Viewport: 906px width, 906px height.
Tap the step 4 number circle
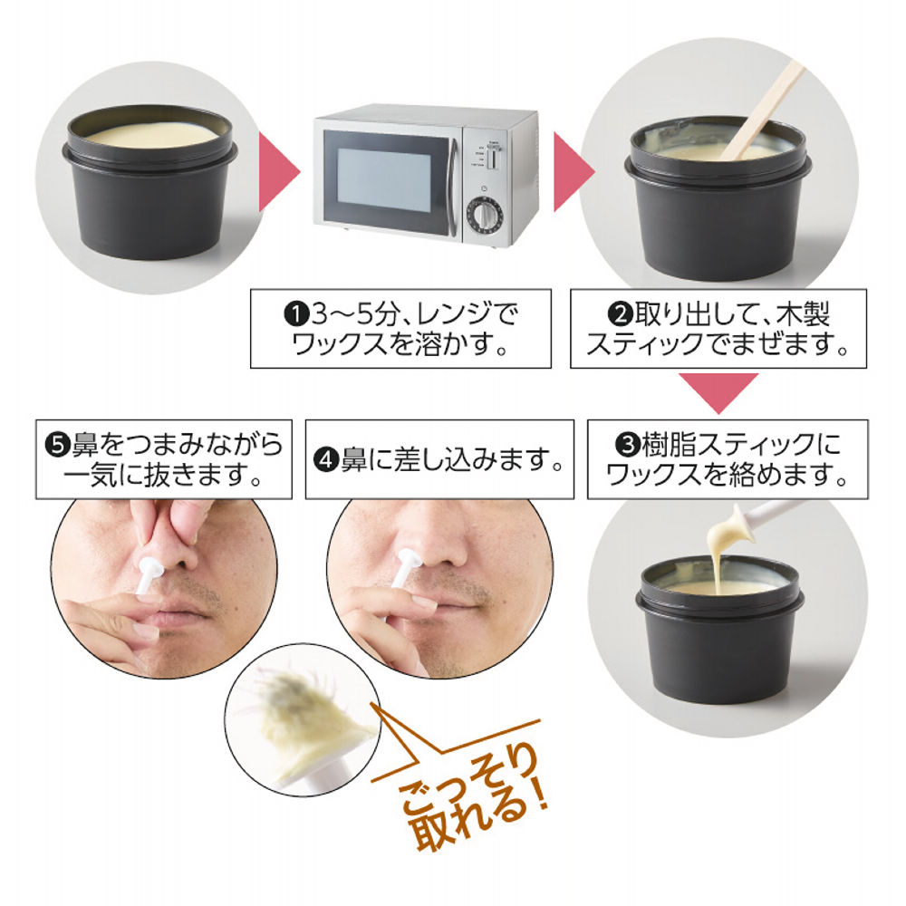tap(325, 461)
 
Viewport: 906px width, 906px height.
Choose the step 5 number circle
tap(56, 445)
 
